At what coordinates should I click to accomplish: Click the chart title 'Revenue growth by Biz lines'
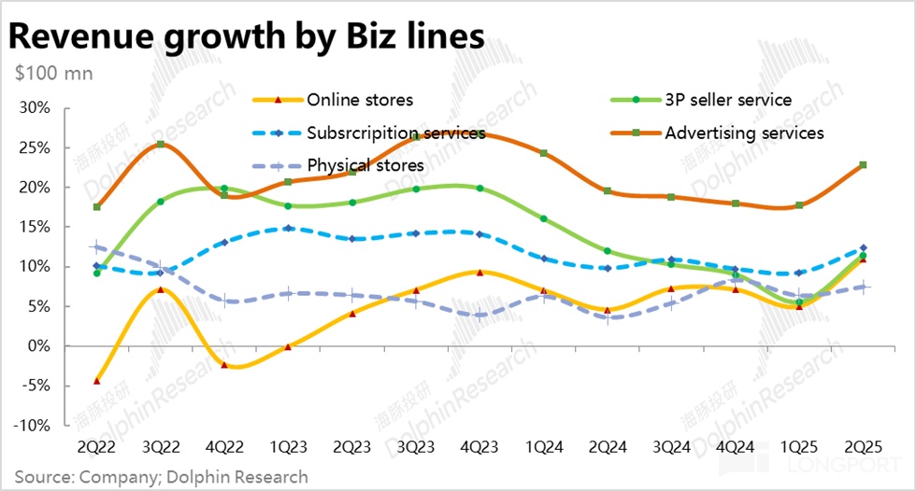coord(248,35)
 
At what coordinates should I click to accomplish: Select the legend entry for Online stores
coord(360,100)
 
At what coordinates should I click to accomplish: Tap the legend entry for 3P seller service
coord(729,100)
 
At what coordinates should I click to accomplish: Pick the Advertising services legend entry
coord(744,133)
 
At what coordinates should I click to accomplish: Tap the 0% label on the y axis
coord(39,346)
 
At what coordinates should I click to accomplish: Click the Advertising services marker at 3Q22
coord(161,144)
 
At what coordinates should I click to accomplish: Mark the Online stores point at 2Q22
coord(96,381)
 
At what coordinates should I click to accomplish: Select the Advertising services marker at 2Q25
coord(863,165)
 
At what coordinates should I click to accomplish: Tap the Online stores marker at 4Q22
coord(224,365)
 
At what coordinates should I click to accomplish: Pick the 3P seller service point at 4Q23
coord(479,189)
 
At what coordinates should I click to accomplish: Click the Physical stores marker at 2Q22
coord(96,247)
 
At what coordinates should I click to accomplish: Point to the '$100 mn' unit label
coord(48,73)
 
